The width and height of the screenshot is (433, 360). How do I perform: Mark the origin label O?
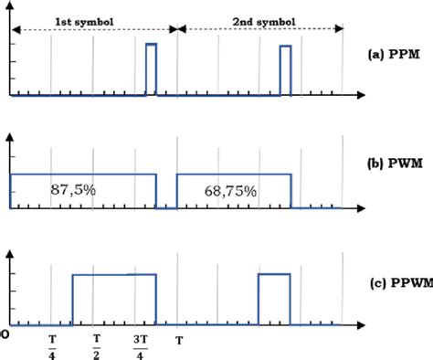click(6, 335)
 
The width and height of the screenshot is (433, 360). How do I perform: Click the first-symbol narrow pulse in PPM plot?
click(152, 69)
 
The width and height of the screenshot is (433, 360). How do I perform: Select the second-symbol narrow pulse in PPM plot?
click(285, 70)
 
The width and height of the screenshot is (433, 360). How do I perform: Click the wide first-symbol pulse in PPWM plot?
click(114, 299)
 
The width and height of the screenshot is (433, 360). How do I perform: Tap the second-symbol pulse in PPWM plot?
click(274, 299)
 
